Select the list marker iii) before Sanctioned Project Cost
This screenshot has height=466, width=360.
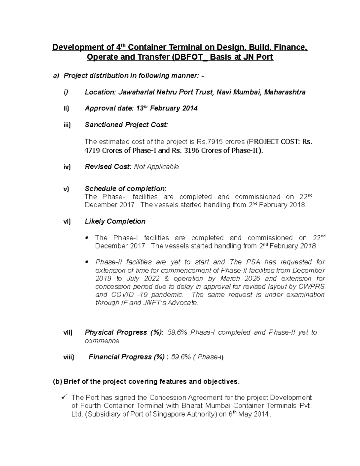tap(67, 125)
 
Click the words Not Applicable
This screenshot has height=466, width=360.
tap(156, 167)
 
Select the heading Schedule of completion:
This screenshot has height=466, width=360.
tap(125, 189)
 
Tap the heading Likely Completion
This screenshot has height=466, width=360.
tap(115, 221)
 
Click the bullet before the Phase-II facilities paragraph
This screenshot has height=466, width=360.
tap(87, 262)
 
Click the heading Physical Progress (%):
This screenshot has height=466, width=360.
tap(124, 332)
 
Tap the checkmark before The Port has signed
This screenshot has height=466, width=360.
tap(64, 397)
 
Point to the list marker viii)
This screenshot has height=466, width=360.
tap(68, 357)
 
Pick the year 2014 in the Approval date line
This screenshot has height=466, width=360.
tap(190, 109)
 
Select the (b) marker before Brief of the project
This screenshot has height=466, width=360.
tap(57, 382)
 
